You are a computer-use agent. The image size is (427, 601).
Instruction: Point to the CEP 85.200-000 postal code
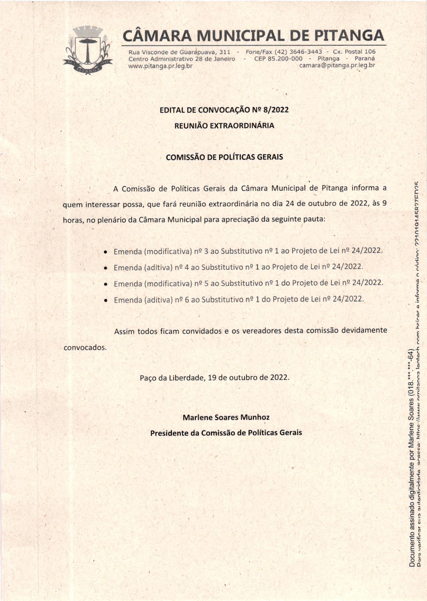click(x=278, y=58)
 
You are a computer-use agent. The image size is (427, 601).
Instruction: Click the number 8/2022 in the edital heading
click(x=277, y=110)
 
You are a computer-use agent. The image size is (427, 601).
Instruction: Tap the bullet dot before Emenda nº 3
click(x=105, y=251)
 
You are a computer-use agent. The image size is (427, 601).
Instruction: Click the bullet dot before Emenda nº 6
click(x=105, y=301)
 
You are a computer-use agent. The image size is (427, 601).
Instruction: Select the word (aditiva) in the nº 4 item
click(x=157, y=268)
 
